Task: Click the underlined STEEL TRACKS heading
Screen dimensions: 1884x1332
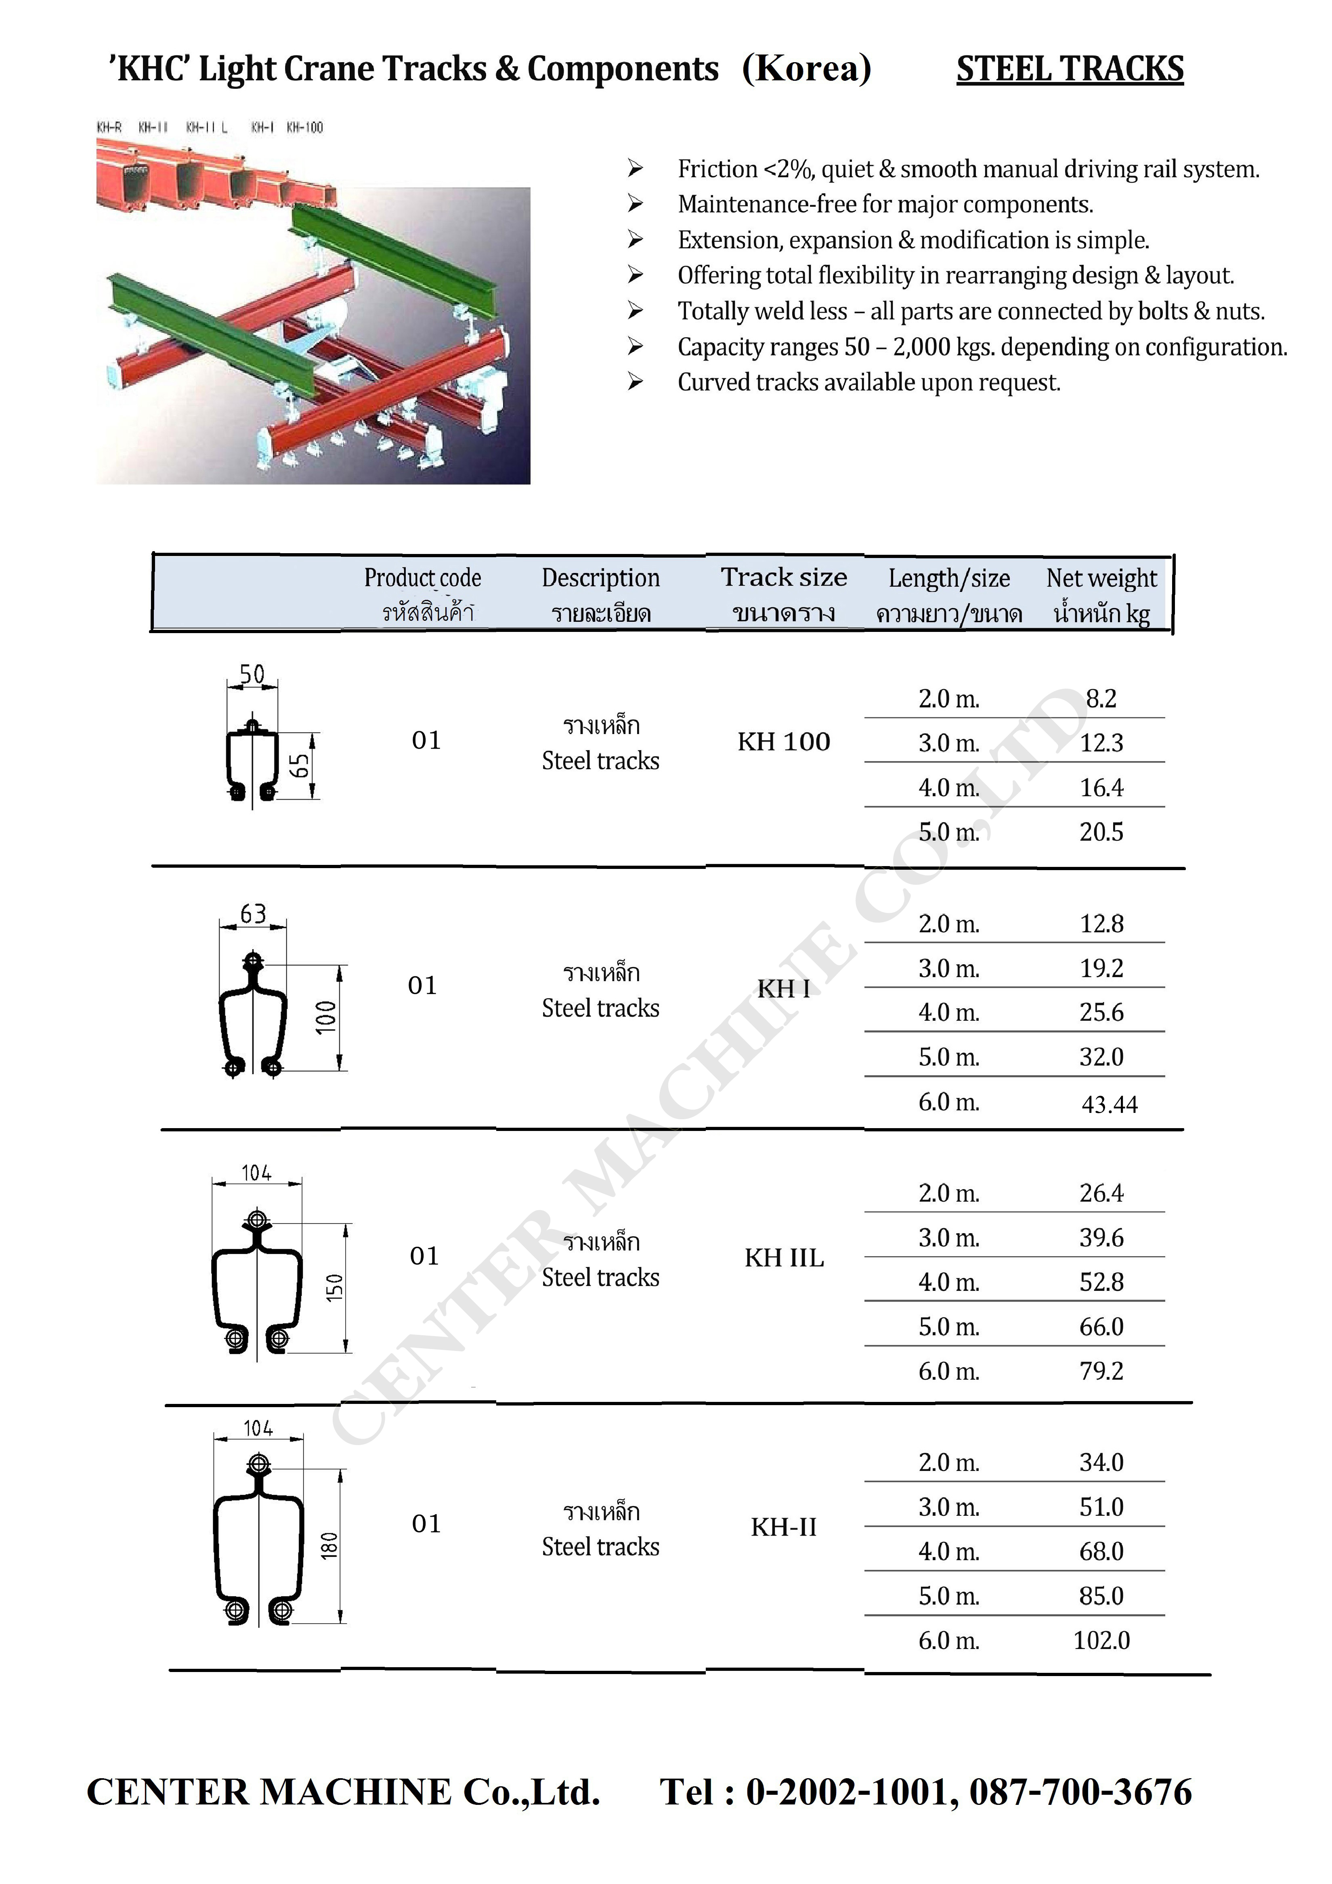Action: click(x=1070, y=69)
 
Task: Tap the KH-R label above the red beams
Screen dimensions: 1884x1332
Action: click(x=109, y=127)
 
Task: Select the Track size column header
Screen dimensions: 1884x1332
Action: click(x=784, y=578)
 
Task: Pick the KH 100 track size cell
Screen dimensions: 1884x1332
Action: click(x=784, y=742)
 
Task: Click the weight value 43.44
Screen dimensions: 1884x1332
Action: click(x=1109, y=1104)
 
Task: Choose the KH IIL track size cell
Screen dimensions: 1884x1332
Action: click(x=784, y=1258)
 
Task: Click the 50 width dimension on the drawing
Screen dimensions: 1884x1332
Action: click(x=252, y=674)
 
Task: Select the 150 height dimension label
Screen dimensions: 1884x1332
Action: click(x=334, y=1288)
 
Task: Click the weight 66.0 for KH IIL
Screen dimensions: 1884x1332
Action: click(x=1101, y=1327)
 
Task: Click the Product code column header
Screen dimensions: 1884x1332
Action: click(x=423, y=579)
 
